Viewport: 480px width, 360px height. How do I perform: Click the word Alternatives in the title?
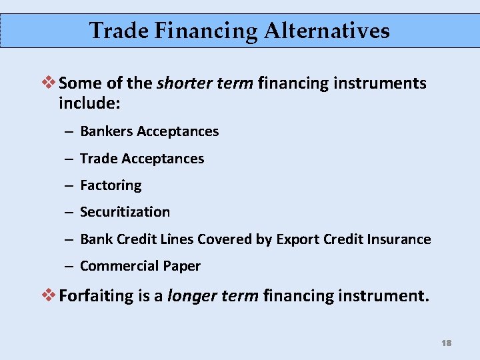pos(327,31)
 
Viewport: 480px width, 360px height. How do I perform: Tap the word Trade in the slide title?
pos(114,31)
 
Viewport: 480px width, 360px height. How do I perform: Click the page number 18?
pos(446,343)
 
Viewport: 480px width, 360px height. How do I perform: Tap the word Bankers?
pos(106,131)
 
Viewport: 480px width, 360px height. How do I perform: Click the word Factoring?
pos(111,185)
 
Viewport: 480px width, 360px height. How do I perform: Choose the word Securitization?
pos(125,212)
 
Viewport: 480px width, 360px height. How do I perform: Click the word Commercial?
pos(119,266)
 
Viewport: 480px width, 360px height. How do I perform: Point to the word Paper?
pos(181,266)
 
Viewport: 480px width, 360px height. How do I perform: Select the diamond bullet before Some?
pos(51,83)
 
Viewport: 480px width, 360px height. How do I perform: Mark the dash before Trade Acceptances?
pos(69,159)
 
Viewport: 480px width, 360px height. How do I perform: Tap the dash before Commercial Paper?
pos(69,266)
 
